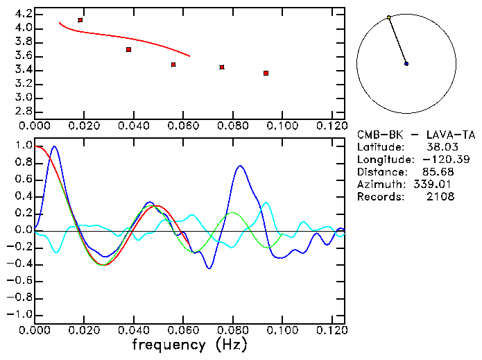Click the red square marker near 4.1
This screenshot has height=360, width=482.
click(80, 20)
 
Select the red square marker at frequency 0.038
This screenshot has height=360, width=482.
click(128, 49)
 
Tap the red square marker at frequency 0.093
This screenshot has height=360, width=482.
click(266, 73)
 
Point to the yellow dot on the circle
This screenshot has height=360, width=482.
click(389, 17)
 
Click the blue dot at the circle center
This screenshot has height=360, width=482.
click(406, 64)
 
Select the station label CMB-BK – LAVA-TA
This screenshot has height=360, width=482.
click(416, 135)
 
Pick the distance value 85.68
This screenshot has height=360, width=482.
click(437, 172)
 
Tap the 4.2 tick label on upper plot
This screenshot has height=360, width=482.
click(23, 14)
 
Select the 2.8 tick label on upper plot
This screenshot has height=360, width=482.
click(23, 112)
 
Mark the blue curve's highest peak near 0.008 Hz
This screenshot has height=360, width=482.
click(54, 146)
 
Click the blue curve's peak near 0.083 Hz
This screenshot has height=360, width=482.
click(240, 166)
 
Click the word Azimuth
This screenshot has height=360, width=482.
click(379, 185)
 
